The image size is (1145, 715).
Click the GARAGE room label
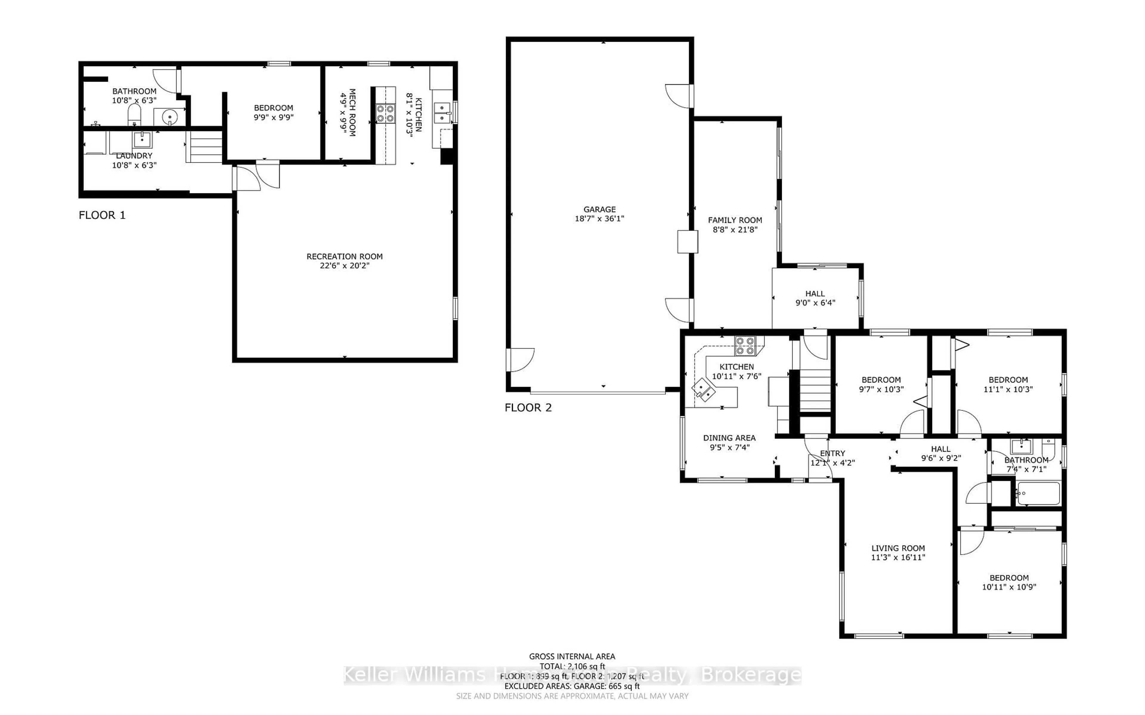(599, 209)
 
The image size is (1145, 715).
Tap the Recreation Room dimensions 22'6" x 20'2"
(344, 266)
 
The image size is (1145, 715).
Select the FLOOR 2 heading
(528, 408)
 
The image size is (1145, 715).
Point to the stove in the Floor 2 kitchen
(745, 346)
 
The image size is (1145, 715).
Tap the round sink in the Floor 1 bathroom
(169, 116)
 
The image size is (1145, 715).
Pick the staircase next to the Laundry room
(204, 147)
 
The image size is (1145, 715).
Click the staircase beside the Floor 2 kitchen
(815, 391)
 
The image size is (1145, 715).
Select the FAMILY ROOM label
(735, 220)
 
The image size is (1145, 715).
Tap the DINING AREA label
(729, 438)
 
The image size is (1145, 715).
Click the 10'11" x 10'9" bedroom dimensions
(1009, 587)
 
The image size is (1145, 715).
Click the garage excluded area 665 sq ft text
(572, 686)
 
